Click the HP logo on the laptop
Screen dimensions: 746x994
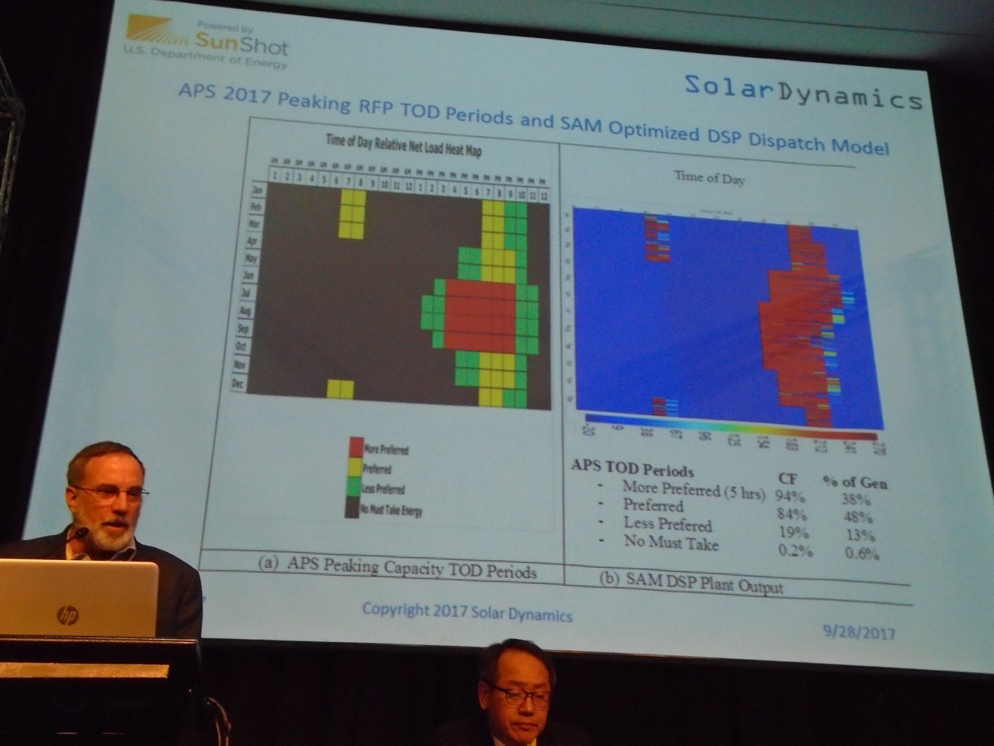pyautogui.click(x=67, y=614)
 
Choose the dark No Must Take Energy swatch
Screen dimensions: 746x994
pyautogui.click(x=352, y=508)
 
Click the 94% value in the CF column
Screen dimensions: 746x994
pyautogui.click(x=790, y=497)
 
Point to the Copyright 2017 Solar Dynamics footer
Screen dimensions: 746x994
pyautogui.click(x=467, y=612)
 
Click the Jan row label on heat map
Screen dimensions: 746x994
pyautogui.click(x=257, y=190)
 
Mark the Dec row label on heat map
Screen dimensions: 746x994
pyautogui.click(x=238, y=383)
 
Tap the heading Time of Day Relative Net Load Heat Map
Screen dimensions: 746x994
pyautogui.click(x=404, y=145)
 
